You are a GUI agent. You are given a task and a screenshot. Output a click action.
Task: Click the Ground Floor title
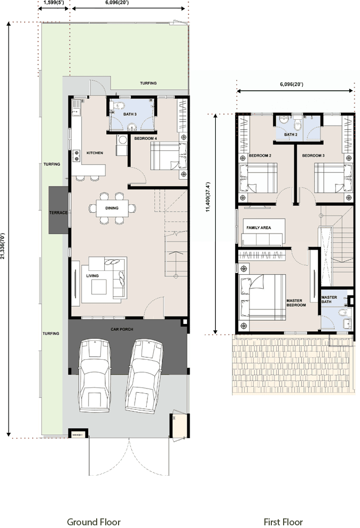[x=93, y=522]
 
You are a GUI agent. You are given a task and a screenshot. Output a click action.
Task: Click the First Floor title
[x=283, y=522]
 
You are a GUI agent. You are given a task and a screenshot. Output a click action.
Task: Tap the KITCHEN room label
[x=95, y=153]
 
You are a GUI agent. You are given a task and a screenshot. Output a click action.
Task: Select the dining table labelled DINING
[x=112, y=208]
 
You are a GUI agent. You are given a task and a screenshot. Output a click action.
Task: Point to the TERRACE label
[x=58, y=213]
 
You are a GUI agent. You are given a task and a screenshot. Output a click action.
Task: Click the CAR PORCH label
[x=122, y=329]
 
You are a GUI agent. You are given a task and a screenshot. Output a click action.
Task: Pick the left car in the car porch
[x=95, y=376]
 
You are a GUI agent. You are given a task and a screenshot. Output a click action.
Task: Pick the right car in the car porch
[x=144, y=376]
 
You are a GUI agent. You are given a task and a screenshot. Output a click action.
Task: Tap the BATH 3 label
[x=130, y=114]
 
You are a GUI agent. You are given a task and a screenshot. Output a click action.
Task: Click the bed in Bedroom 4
[x=169, y=156]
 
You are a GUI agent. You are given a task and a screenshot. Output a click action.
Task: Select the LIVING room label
[x=92, y=276]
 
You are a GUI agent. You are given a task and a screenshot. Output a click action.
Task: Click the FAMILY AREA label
[x=259, y=228]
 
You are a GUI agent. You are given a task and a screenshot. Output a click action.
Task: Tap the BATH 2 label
[x=291, y=134]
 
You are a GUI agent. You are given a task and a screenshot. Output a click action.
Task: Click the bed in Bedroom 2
[x=258, y=178]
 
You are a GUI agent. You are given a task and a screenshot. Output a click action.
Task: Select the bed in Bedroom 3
[x=333, y=178]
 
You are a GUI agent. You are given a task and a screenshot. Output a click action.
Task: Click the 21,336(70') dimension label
[x=3, y=246]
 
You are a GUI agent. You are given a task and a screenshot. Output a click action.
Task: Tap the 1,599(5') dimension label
[x=53, y=2]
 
